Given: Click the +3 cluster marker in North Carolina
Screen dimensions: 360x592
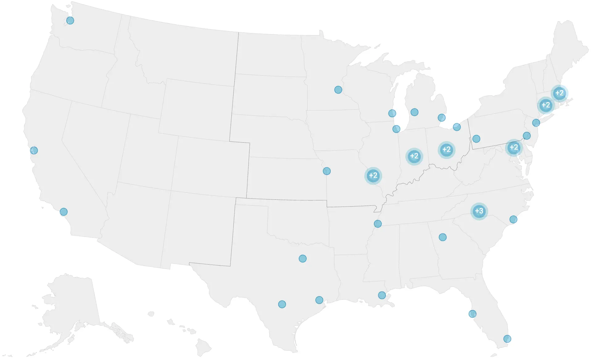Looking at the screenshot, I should [x=479, y=211].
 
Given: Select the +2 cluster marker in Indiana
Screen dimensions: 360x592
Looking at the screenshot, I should [x=414, y=156].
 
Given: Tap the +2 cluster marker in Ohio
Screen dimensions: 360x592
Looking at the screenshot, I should [x=446, y=150].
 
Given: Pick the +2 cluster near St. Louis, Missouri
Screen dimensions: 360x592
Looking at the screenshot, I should [x=373, y=176].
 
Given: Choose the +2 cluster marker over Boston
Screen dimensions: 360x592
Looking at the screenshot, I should [x=559, y=93].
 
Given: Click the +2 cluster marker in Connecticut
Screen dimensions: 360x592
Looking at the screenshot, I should [x=545, y=105].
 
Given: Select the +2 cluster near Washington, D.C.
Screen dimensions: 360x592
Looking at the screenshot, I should [x=514, y=148].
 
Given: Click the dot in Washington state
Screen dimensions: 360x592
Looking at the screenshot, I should [x=70, y=21].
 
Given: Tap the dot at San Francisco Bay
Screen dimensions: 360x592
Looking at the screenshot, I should [x=34, y=150].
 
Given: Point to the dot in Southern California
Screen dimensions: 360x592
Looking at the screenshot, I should [x=64, y=212].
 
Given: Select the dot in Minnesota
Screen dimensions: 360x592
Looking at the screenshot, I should [x=338, y=90].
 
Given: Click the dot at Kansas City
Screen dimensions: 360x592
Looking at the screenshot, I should [x=326, y=171].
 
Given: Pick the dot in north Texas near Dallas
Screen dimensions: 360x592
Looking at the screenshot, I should [x=303, y=258].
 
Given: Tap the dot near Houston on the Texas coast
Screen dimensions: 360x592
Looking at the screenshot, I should [x=319, y=300].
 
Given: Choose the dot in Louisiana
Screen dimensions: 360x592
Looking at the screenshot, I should [x=382, y=295].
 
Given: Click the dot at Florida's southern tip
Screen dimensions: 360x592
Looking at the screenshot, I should [x=507, y=339].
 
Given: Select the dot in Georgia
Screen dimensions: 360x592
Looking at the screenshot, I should [x=443, y=237].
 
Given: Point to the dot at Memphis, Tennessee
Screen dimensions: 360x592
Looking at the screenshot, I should [x=378, y=224].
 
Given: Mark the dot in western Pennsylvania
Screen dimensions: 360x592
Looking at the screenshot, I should [x=476, y=139].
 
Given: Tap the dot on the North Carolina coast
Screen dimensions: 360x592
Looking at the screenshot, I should [x=513, y=220].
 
